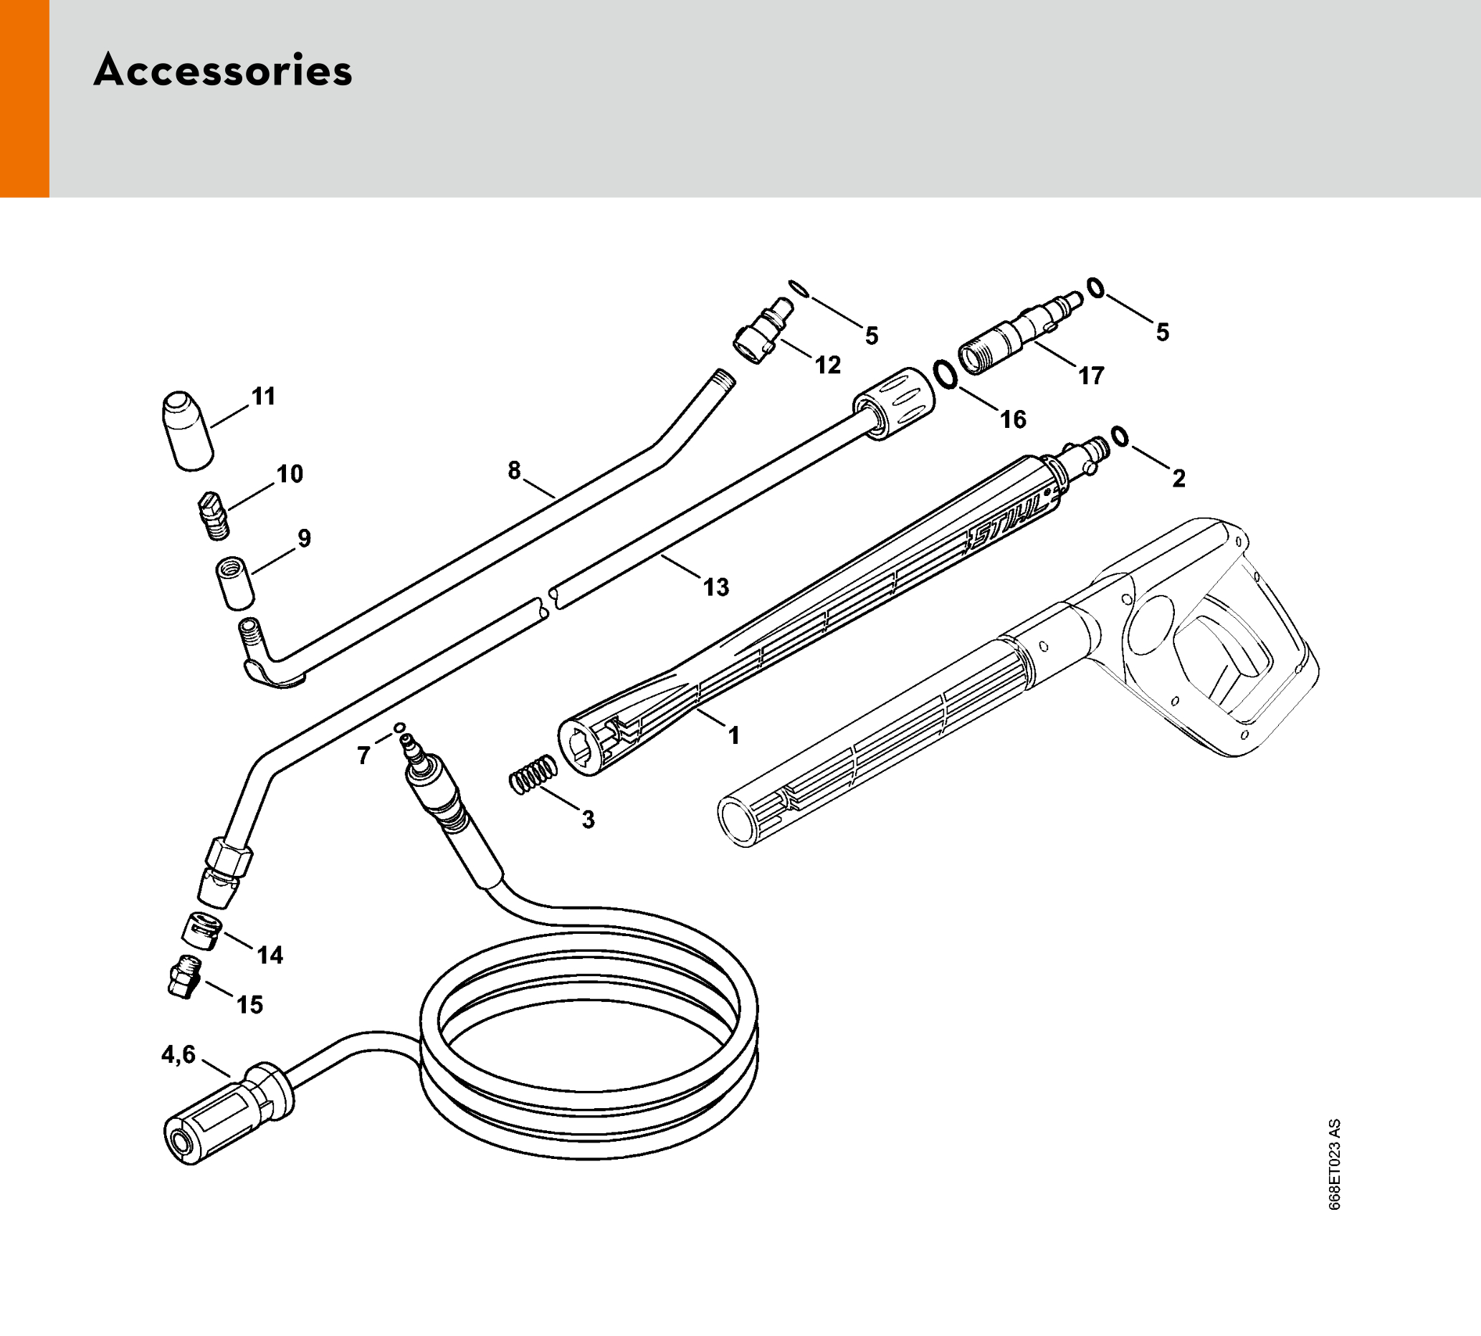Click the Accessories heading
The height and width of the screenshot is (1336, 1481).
coord(222,71)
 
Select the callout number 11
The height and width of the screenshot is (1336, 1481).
coord(264,396)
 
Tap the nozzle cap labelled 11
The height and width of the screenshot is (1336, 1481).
coord(187,431)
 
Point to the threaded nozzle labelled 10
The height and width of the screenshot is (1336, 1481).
coord(214,515)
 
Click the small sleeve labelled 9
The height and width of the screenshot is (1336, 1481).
coord(235,583)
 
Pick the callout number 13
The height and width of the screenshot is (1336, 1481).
coord(716,587)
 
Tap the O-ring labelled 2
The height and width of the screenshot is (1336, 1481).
coord(1120,436)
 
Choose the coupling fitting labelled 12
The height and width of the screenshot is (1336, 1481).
coord(763,333)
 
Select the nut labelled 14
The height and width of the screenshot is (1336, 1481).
coord(201,931)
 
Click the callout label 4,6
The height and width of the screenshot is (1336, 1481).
coord(178,1055)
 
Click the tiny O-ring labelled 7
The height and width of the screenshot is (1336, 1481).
coord(399,727)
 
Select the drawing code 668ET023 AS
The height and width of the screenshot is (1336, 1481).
coord(1334,1164)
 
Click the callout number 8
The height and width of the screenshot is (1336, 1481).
coord(514,469)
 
